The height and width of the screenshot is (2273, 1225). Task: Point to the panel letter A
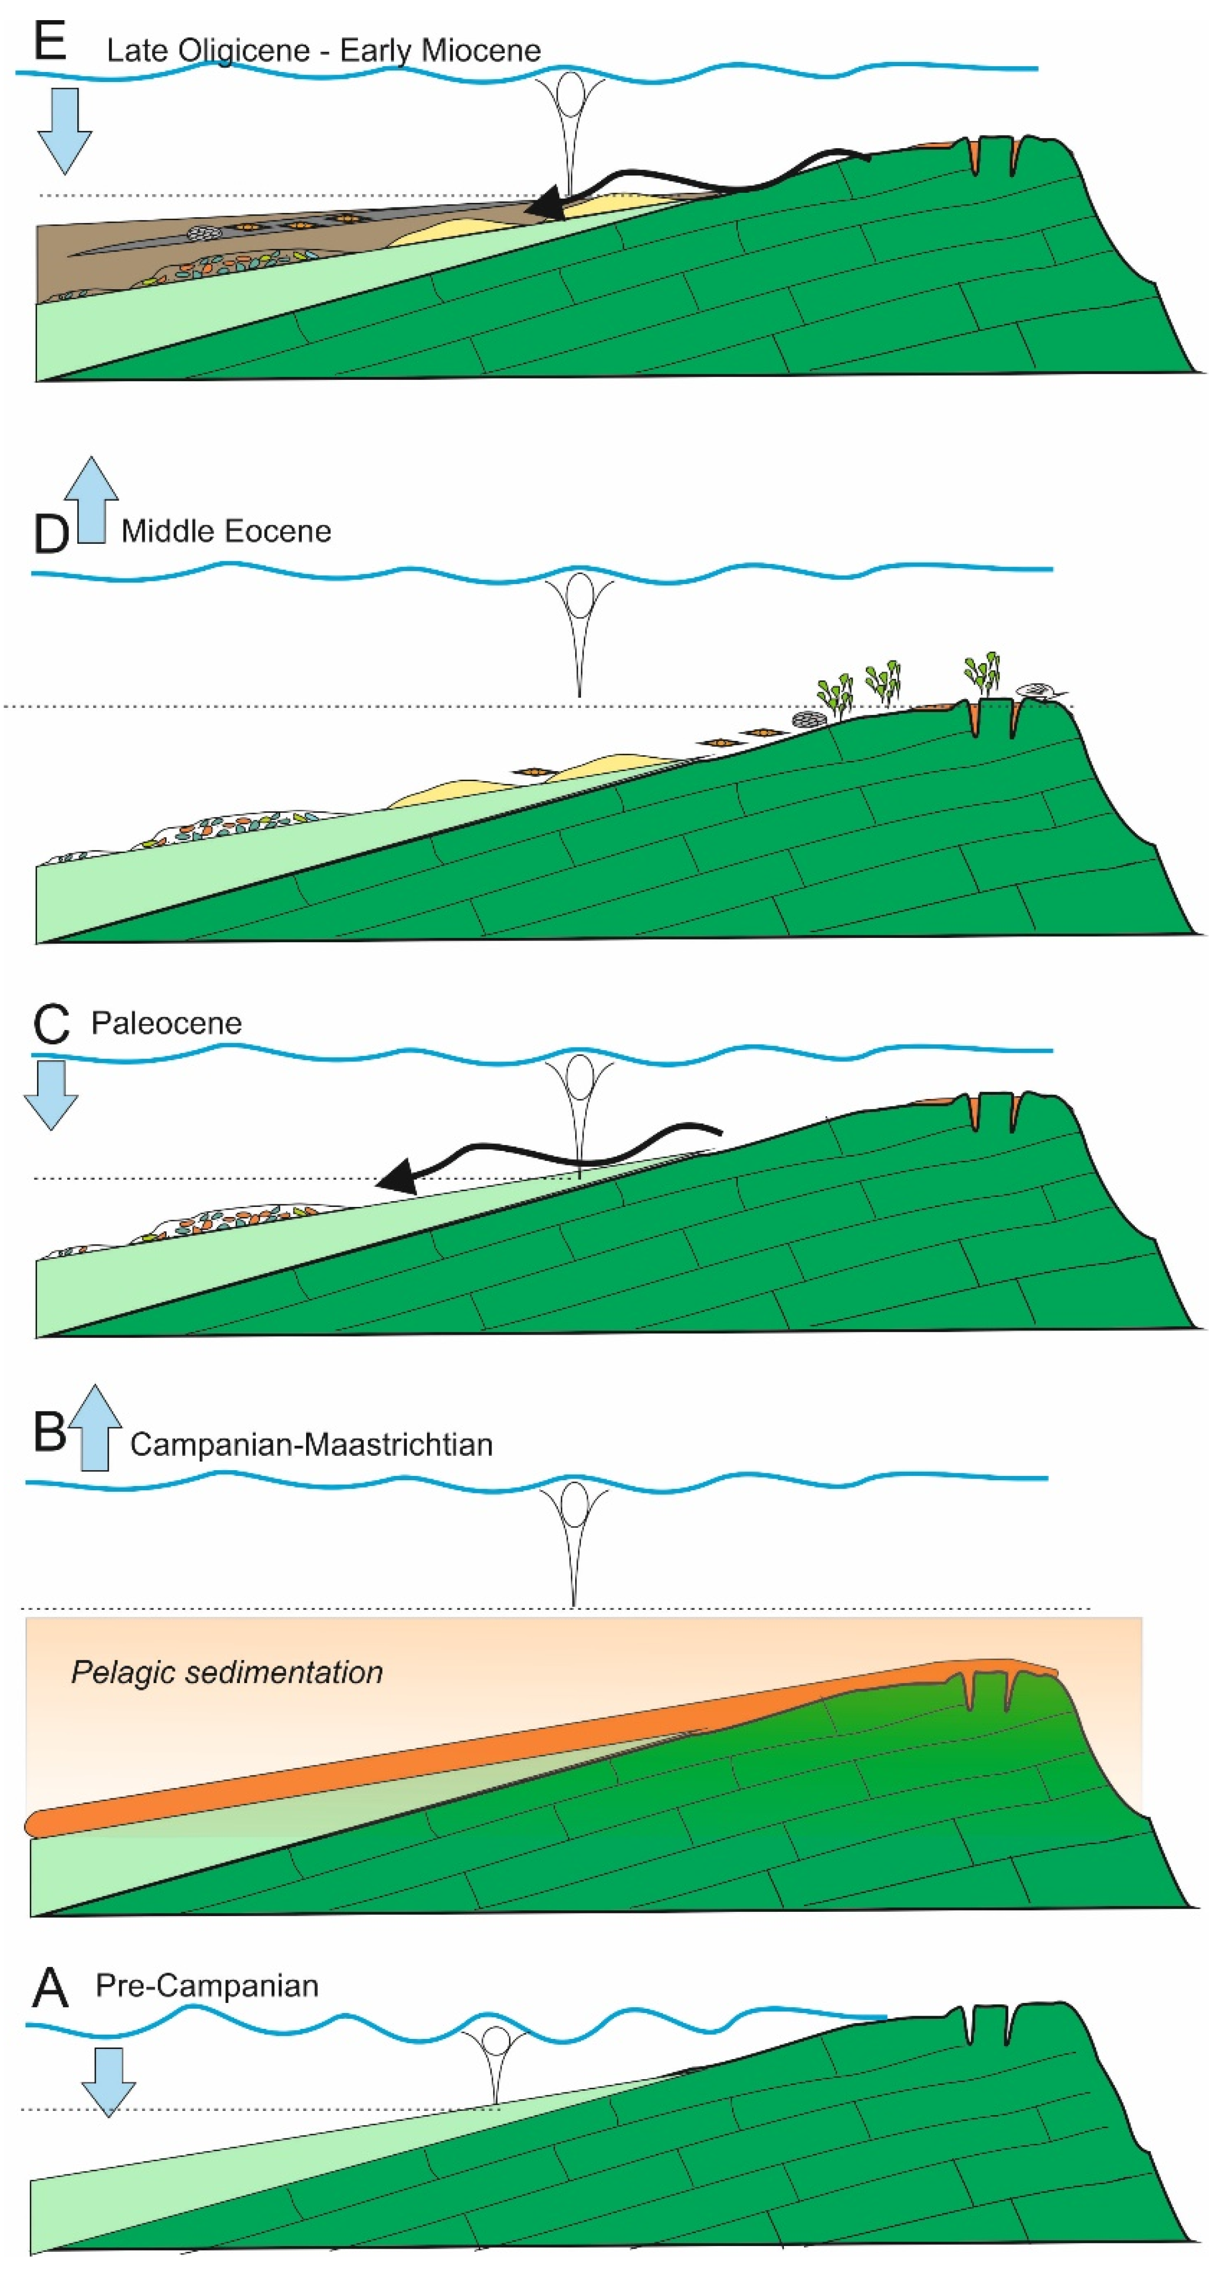(50, 1988)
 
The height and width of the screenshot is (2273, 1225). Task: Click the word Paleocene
(166, 1023)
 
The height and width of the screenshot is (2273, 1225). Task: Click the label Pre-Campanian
(207, 1985)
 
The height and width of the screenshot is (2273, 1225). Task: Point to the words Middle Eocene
(226, 531)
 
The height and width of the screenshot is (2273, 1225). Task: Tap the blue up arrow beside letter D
(92, 499)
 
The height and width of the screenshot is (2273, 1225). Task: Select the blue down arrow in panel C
(50, 1094)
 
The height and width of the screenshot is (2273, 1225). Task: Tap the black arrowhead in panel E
(544, 203)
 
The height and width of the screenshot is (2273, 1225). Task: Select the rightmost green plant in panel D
(982, 673)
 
